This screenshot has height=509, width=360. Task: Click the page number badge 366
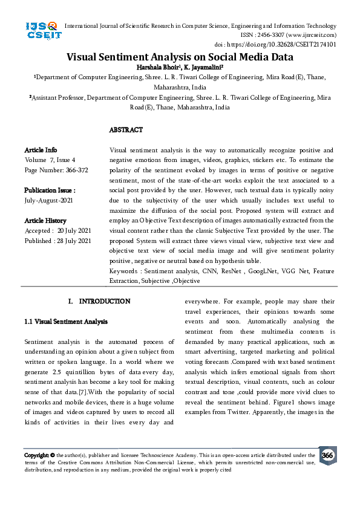click(327, 455)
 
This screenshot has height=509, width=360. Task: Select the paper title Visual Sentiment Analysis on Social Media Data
click(180, 57)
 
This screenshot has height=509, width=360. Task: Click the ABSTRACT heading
click(126, 130)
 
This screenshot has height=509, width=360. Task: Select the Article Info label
click(41, 150)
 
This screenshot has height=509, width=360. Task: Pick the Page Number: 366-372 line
click(56, 170)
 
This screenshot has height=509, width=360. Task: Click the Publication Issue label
click(50, 189)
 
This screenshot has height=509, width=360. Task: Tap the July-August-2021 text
click(49, 199)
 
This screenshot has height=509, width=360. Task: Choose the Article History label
click(45, 221)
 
